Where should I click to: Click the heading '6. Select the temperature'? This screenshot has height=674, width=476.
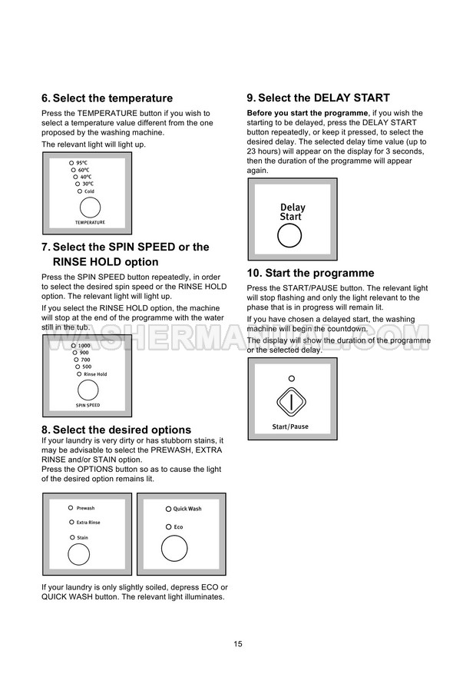pyautogui.click(x=107, y=98)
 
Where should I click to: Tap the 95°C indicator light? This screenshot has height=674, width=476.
pyautogui.click(x=71, y=164)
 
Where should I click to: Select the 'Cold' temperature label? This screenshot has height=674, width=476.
pyautogui.click(x=89, y=191)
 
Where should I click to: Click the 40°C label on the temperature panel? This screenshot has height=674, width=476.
pyautogui.click(x=86, y=178)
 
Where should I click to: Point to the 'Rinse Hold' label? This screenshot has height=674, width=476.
pyautogui.click(x=95, y=374)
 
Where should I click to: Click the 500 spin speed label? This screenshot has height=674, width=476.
pyautogui.click(x=86, y=367)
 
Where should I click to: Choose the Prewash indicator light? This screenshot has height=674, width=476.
pyautogui.click(x=71, y=508)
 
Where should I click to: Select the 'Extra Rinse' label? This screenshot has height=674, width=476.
pyautogui.click(x=88, y=523)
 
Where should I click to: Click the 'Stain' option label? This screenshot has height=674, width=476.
pyautogui.click(x=82, y=537)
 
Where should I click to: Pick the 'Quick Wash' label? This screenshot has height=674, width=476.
pyautogui.click(x=187, y=509)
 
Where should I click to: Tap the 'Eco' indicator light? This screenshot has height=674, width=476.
pyautogui.click(x=168, y=526)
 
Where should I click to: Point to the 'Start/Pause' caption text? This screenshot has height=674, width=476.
pyautogui.click(x=291, y=427)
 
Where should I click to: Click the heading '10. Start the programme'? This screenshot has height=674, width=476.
pyautogui.click(x=310, y=274)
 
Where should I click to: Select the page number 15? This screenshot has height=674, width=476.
pyautogui.click(x=238, y=643)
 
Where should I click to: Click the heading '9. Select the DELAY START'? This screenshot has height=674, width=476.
pyautogui.click(x=318, y=98)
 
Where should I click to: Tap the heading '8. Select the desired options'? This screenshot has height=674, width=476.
pyautogui.click(x=116, y=430)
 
